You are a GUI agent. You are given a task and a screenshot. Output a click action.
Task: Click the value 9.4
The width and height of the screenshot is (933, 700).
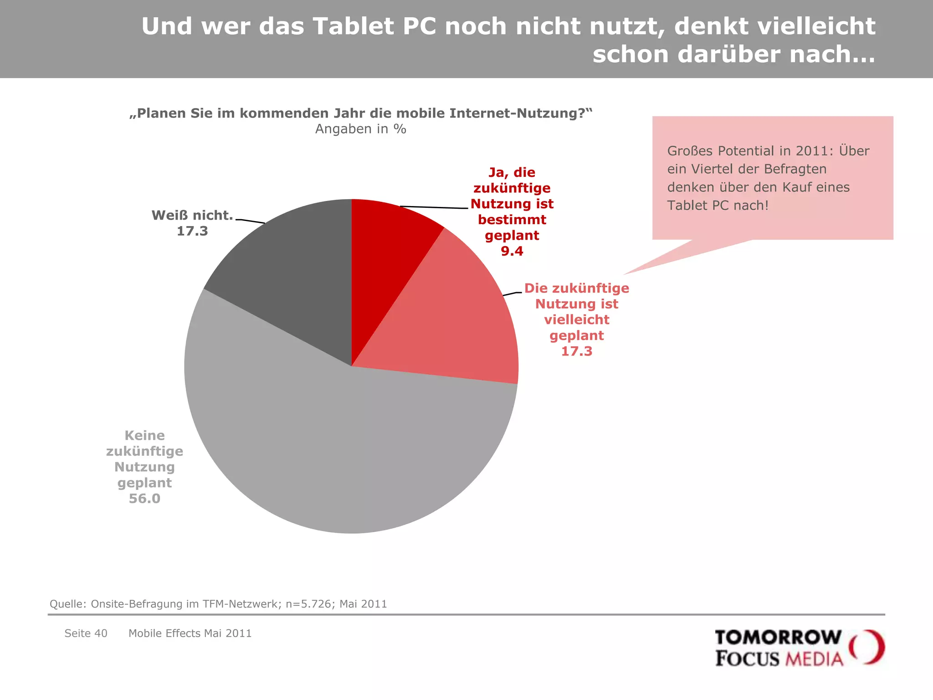pos(512,251)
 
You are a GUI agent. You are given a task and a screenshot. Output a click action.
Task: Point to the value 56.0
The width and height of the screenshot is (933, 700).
pos(144,499)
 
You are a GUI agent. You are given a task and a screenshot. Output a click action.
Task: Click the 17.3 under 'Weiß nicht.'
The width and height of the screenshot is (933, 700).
pos(192,231)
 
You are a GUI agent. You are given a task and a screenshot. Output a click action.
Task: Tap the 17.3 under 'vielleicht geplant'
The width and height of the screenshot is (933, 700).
pos(576,351)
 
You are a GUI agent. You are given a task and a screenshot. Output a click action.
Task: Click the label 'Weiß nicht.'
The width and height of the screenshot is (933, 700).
pos(192,215)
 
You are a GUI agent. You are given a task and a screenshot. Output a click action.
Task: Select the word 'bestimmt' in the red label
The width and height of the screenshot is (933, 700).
pos(512,220)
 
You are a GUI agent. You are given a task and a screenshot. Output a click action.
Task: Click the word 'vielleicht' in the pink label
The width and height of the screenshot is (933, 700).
pos(576,320)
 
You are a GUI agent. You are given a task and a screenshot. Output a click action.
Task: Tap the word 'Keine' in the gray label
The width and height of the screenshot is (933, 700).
pos(144,435)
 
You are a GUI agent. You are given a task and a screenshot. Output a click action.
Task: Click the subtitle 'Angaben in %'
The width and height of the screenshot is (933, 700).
pos(360,129)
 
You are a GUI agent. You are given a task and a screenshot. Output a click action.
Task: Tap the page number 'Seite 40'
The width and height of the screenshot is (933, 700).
pos(86,633)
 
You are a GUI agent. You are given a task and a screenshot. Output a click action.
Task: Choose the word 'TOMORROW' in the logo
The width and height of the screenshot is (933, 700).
pos(778,637)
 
